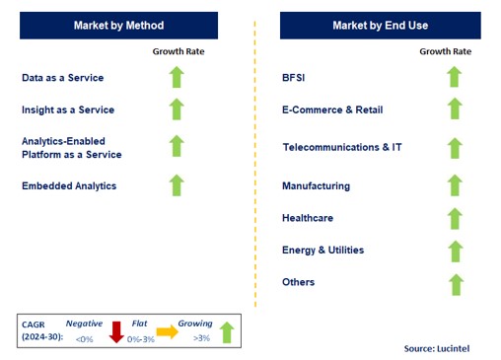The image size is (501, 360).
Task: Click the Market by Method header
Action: point(118,25)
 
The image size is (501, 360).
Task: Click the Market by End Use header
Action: point(379,25)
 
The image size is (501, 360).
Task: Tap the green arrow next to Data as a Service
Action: point(177,77)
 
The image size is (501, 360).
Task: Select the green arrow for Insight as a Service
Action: point(177,109)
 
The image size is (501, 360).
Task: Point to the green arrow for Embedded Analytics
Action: point(177,184)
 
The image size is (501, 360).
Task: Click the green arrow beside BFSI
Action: point(454,77)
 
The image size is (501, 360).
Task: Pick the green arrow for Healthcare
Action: point(454,217)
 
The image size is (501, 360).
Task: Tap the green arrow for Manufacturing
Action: point(454,185)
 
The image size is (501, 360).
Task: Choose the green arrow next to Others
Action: point(454,284)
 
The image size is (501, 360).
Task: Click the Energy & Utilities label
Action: point(322,251)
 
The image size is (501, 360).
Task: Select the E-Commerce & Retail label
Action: point(331,109)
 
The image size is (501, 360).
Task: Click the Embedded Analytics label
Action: point(69,185)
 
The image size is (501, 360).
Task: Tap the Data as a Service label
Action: point(62,77)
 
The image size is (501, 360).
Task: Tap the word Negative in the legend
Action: point(85,322)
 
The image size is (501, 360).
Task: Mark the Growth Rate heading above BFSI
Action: point(445,51)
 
